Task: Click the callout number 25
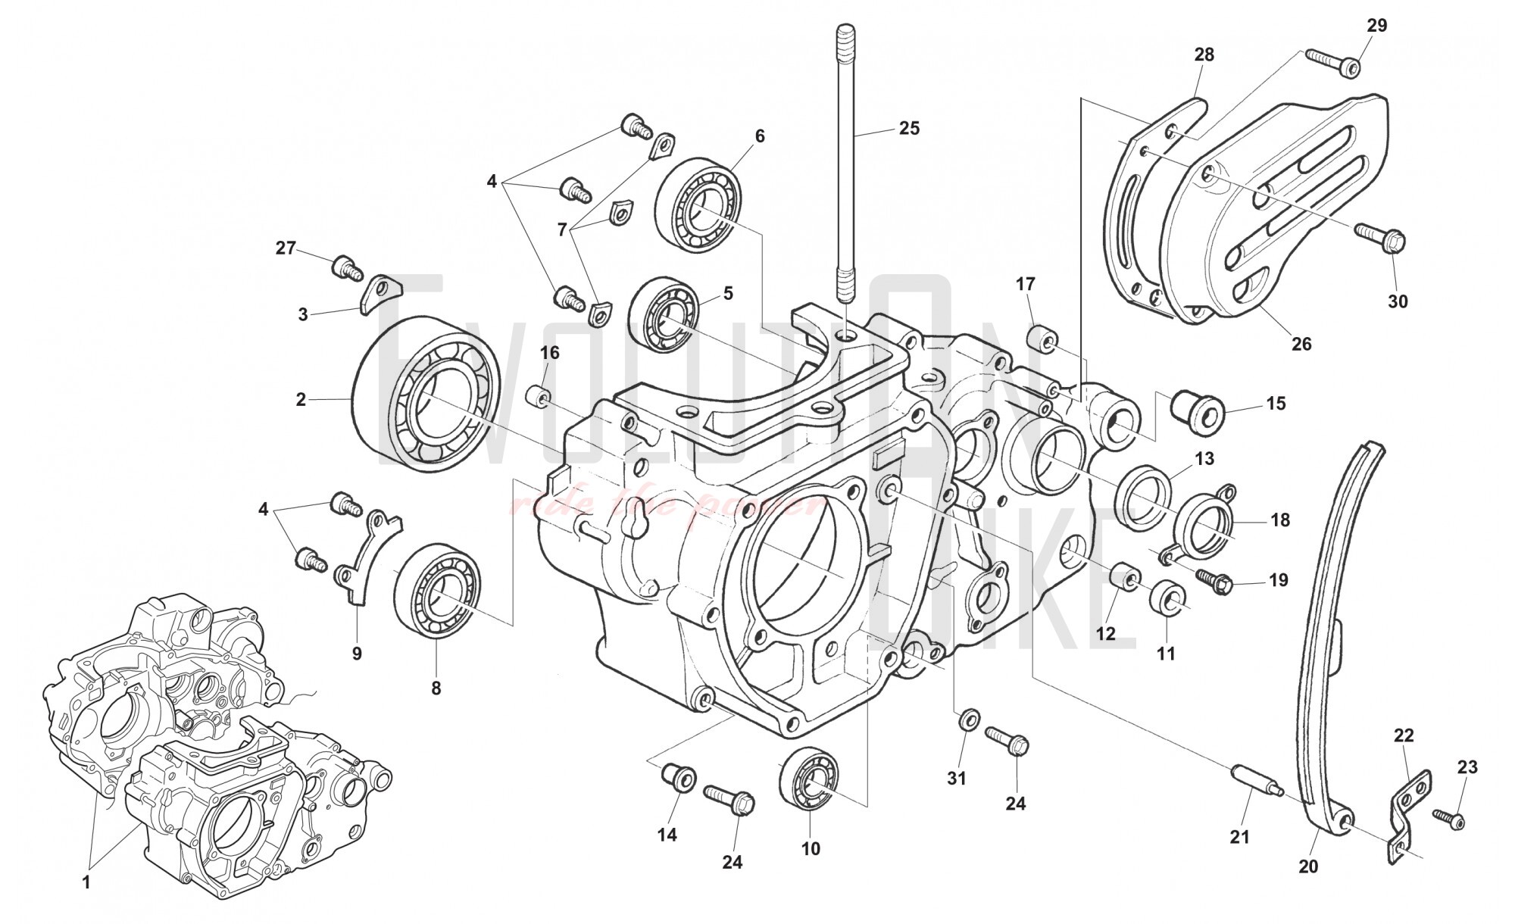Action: click(x=909, y=129)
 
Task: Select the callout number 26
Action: click(x=1301, y=343)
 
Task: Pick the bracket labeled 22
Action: click(x=1409, y=807)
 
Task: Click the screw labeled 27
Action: click(x=347, y=268)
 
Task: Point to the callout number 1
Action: click(x=86, y=882)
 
